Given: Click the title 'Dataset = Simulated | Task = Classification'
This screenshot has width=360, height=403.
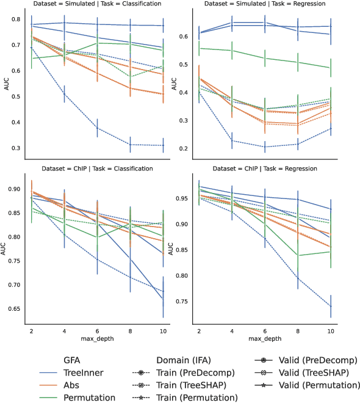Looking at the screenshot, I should coord(96,4).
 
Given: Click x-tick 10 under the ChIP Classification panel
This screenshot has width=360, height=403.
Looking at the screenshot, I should coord(161,330).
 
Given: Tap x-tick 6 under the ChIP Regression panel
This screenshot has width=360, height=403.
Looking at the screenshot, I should coord(264,330).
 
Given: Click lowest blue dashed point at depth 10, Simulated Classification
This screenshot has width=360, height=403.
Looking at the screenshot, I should coord(161,145).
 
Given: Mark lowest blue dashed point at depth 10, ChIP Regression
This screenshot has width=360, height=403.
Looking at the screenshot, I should coord(331,307).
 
